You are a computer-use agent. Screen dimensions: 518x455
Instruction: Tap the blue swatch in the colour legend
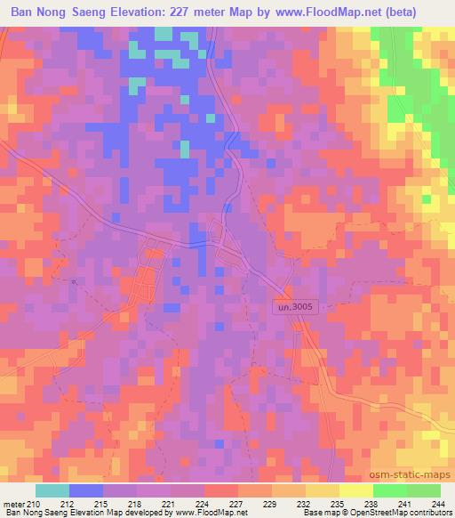tap(85, 490)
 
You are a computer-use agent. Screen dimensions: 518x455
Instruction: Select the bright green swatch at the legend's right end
tap(423, 490)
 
